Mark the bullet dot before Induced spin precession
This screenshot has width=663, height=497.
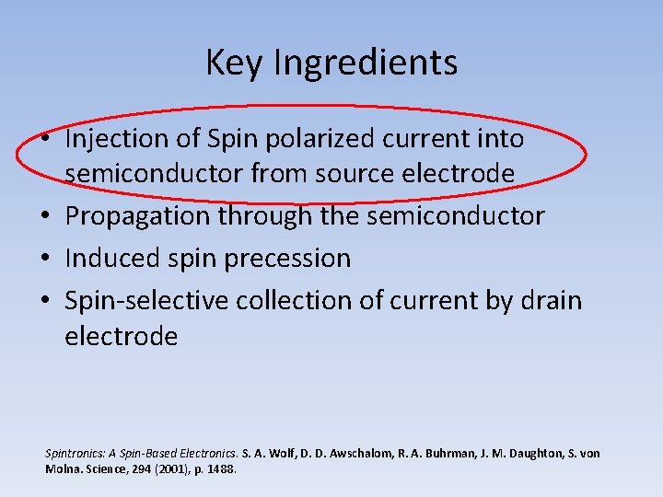coord(45,259)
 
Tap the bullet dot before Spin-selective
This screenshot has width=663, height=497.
coord(45,301)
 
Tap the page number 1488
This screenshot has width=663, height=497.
coord(221,468)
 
